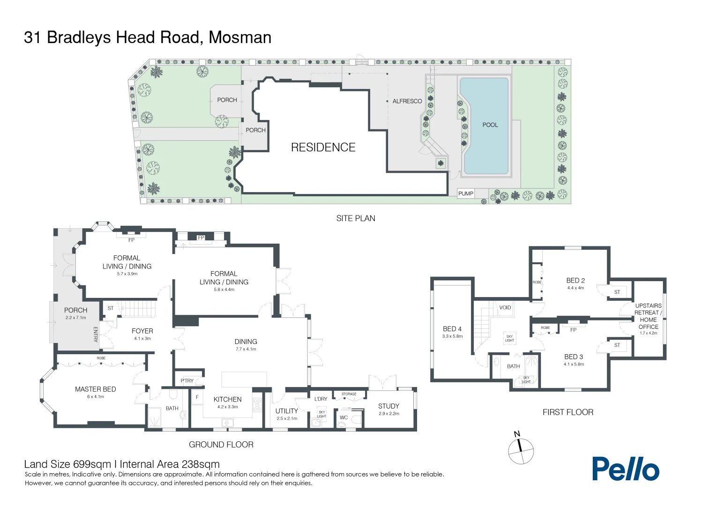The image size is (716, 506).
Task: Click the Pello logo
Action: pos(626,469)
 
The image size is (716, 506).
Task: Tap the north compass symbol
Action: pos(521,449)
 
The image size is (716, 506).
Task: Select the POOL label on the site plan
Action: pos(490,125)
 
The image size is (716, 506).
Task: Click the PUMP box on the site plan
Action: pos(465,193)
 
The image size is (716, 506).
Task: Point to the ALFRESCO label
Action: pos(407,101)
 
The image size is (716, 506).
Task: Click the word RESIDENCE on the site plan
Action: pos(323,148)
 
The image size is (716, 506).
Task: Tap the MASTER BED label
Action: pos(95,389)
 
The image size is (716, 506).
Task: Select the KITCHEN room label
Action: pos(227,399)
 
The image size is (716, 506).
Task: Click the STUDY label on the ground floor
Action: pos(388,406)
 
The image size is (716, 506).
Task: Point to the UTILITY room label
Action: pos(286,411)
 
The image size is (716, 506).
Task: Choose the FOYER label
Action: pos(142,331)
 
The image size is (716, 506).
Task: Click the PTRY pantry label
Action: pos(187,381)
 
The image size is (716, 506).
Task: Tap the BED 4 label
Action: pos(452,328)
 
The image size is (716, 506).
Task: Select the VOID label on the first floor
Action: pos(505,307)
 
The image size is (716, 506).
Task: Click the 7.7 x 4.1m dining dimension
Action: pos(246,349)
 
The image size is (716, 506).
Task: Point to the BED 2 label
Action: pos(575,280)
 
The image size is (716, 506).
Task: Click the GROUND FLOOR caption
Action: pos(221,444)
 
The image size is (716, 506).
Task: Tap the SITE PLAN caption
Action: pos(356,218)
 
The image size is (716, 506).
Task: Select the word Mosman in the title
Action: pos(240,37)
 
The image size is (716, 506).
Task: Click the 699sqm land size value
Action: pos(92,464)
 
